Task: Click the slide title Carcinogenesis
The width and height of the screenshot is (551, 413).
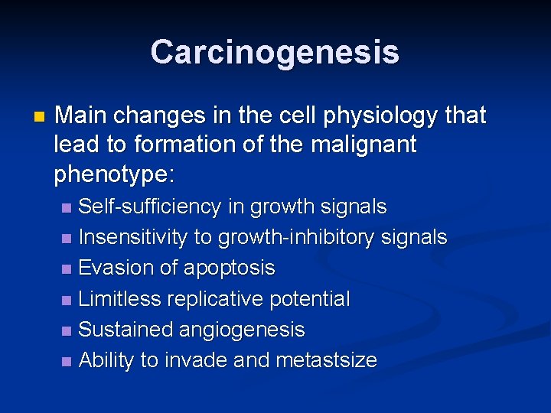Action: [x=275, y=52]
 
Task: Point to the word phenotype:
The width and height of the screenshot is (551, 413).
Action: [x=115, y=174]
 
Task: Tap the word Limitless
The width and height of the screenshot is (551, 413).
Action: [x=119, y=299]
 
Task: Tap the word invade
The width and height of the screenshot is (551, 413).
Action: [x=190, y=360]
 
